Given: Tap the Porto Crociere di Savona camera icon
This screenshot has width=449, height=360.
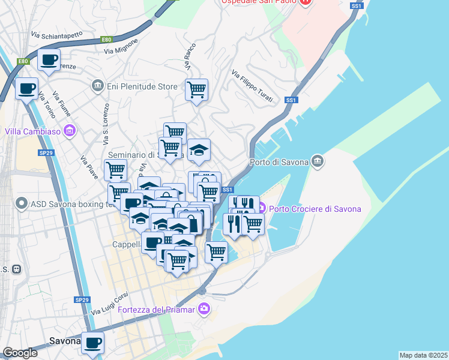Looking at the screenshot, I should [261, 209].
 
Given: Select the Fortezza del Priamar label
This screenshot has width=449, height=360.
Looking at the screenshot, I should [157, 309].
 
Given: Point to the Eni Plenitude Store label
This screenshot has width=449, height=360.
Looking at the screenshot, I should [142, 86].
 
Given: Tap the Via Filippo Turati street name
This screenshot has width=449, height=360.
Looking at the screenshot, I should [252, 86].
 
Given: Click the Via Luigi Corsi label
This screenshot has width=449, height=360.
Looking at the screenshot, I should [110, 304].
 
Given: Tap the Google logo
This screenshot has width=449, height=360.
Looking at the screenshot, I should [20, 353].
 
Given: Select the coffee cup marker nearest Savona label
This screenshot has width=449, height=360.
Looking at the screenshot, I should [92, 343].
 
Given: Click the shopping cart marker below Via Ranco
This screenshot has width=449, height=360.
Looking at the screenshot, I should [196, 91].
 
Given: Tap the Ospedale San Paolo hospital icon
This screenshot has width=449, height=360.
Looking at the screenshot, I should [306, 2].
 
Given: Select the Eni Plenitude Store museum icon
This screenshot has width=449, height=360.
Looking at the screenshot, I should [97, 86].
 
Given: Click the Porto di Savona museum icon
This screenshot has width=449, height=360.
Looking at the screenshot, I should [318, 161].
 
